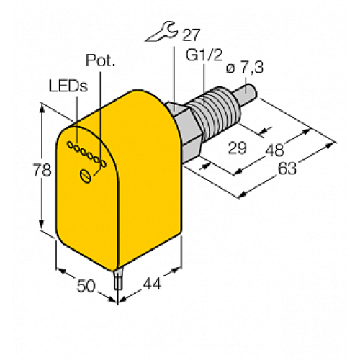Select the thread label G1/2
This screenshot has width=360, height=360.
pyautogui.click(x=204, y=54)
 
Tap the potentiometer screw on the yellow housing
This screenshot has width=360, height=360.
pyautogui.click(x=87, y=174)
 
